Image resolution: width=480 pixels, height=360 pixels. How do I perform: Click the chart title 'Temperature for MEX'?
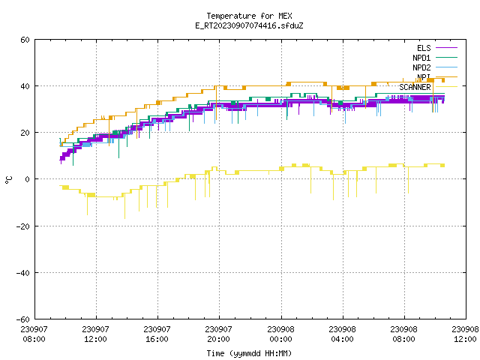tap(249, 16)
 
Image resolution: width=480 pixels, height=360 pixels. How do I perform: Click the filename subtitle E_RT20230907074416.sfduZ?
tap(249, 25)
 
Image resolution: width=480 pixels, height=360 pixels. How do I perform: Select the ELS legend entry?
tap(436, 48)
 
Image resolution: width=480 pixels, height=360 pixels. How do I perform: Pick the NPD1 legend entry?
tap(435, 58)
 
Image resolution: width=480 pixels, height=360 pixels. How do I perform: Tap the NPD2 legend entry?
tap(435, 67)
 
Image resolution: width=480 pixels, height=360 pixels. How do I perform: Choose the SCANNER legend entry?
tap(428, 87)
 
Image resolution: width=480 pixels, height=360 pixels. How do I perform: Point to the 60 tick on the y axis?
tap(25, 40)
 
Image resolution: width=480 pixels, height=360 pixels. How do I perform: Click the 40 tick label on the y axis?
tap(25, 86)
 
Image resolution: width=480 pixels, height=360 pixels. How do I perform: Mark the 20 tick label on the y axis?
tap(25, 133)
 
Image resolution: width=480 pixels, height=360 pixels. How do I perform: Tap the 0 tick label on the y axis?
tap(28, 179)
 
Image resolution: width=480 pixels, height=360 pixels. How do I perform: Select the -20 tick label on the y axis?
tap(23, 226)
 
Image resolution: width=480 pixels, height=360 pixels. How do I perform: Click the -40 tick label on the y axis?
tap(23, 273)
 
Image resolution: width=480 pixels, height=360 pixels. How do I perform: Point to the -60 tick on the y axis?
tap(23, 319)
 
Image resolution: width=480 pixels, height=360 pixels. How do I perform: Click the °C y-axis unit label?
tap(8, 180)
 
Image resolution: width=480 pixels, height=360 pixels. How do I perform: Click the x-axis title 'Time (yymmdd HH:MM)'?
tap(249, 353)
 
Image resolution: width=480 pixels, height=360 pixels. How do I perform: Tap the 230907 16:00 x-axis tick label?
tap(157, 334)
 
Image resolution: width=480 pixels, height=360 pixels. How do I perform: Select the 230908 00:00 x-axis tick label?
tap(280, 334)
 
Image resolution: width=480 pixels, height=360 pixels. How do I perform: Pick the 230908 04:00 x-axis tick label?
tap(342, 334)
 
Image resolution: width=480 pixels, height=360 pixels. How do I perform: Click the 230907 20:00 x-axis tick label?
tap(218, 334)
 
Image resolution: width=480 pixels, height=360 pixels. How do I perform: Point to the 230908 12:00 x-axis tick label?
tap(465, 334)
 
